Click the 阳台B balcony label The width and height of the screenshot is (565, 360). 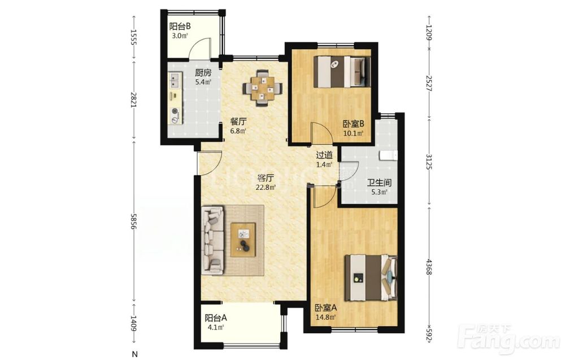click(180, 27)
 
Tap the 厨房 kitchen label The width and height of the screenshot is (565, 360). click(203, 73)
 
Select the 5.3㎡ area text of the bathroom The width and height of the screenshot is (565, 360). click(379, 192)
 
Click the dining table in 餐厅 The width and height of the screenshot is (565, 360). click(263, 88)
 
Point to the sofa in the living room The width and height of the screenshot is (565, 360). click(213, 240)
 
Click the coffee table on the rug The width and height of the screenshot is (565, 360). click(243, 240)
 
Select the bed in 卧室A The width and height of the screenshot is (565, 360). click(371, 277)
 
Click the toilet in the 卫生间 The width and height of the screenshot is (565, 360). click(389, 155)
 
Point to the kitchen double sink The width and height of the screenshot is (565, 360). click(175, 80)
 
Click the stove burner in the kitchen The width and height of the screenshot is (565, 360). click(176, 111)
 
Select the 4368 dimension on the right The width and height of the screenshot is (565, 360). click(429, 267)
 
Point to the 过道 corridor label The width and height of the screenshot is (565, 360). click(324, 155)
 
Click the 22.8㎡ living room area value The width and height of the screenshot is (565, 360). click(266, 188)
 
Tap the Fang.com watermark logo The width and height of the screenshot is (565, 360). click(508, 339)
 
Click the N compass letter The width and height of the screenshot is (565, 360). click(135, 354)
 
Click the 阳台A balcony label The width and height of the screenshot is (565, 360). click(216, 318)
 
